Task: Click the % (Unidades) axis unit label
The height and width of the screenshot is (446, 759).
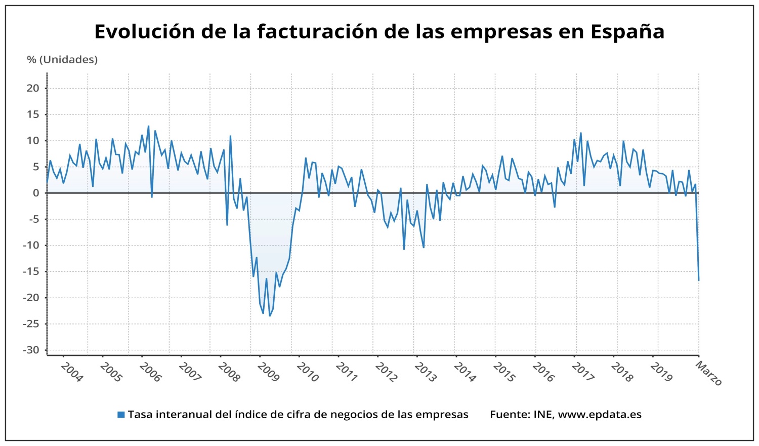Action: coord(62,60)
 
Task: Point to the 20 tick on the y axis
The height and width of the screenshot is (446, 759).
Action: coord(33,88)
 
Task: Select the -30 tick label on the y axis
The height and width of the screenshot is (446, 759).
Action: coord(31,350)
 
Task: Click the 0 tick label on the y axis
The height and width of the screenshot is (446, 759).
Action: coord(36,193)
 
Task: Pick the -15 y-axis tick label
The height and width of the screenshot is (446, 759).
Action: coord(31,271)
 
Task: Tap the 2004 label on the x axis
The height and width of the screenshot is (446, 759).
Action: coord(71,372)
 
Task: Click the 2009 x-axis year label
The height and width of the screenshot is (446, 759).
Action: coord(268,372)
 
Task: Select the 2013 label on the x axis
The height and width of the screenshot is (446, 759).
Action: coord(426,372)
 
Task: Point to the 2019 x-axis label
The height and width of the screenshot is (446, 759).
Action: coord(661,372)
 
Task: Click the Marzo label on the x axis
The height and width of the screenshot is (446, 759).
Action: coord(709,374)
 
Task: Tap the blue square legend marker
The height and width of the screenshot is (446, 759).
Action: coord(121,415)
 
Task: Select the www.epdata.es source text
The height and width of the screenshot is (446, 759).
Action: coord(600,415)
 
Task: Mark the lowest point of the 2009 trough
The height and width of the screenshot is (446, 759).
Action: coord(270,316)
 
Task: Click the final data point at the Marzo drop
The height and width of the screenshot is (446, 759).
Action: coord(699,280)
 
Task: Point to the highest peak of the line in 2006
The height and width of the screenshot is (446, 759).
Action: coord(148,126)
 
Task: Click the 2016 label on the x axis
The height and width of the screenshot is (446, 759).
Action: coord(543,372)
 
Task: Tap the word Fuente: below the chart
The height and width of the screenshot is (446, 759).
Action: coord(510,415)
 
